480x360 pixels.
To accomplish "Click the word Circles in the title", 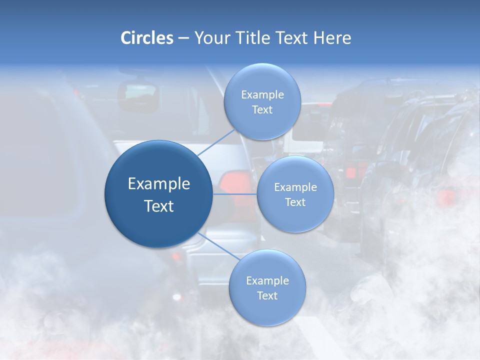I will (x=146, y=38).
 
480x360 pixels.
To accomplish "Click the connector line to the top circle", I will (x=216, y=142).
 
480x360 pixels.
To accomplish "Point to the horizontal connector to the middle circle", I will (x=234, y=194).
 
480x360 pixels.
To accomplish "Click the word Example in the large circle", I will (x=159, y=184).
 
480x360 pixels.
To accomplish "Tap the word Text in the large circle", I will (x=159, y=206).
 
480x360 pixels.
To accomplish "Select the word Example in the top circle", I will (x=262, y=95).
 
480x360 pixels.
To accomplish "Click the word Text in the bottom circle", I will (x=267, y=296).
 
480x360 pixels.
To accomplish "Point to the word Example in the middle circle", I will (x=295, y=187).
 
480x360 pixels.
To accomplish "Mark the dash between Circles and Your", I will (x=183, y=38).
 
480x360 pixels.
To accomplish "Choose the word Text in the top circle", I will (x=262, y=110).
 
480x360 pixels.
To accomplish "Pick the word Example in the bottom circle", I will (x=267, y=281).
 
